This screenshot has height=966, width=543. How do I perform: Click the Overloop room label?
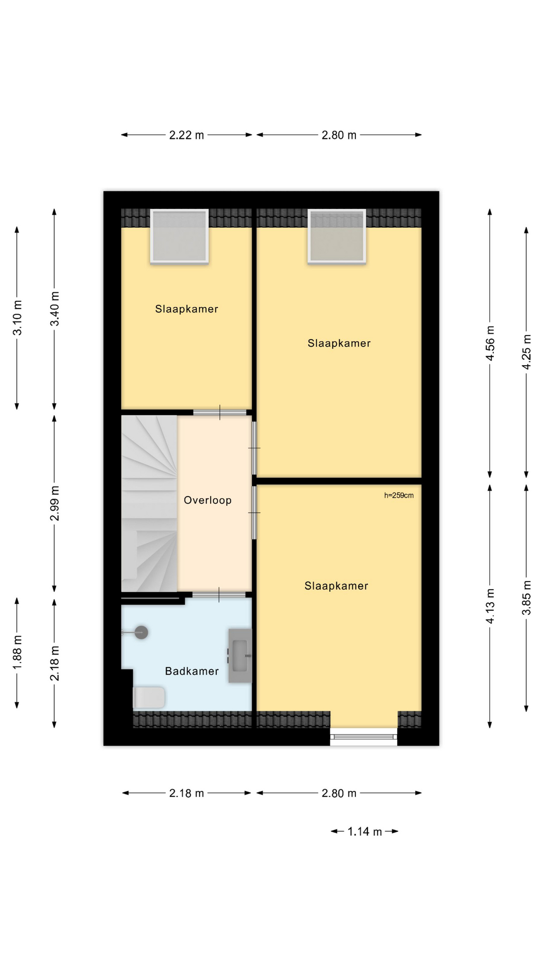[x=207, y=500]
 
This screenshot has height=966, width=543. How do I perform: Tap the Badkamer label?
[x=192, y=671]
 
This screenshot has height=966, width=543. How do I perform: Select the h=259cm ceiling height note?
[x=399, y=495]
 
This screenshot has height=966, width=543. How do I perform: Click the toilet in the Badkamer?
[x=149, y=698]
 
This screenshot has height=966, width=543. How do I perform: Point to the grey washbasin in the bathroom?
[x=240, y=656]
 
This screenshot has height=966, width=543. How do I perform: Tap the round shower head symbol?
[x=141, y=632]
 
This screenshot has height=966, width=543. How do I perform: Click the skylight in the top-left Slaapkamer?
[x=179, y=236]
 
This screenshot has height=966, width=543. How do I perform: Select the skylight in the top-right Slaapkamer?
[x=337, y=236]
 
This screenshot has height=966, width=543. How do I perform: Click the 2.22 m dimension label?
[x=187, y=135]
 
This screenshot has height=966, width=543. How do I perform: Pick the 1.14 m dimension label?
[x=365, y=832]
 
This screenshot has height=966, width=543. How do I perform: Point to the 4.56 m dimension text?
[x=490, y=343]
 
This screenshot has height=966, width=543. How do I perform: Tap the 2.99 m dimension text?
[x=55, y=503]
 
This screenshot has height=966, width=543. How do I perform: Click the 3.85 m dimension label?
[x=526, y=598]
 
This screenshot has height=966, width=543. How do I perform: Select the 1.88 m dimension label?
[x=17, y=652]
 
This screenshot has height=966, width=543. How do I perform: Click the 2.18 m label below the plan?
[x=187, y=793]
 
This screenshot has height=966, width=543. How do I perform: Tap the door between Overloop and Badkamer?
[x=219, y=595]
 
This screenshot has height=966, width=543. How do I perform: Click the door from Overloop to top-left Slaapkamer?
[x=220, y=413]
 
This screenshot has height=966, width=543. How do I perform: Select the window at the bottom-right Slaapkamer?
[x=364, y=737]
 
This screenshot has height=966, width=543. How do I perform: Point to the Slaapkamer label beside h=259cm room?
[x=336, y=586]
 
